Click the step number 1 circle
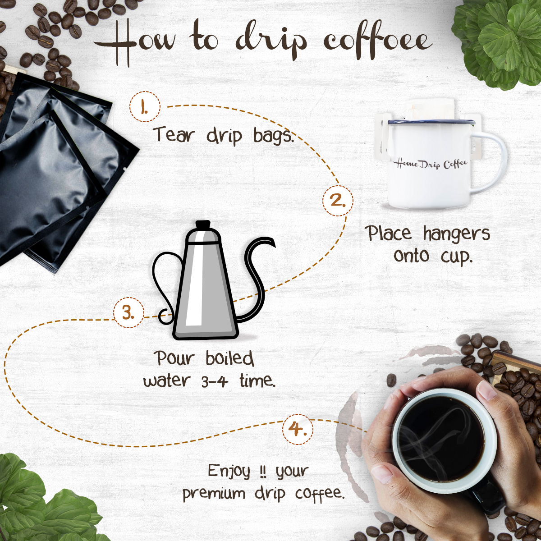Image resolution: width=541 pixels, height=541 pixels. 145,106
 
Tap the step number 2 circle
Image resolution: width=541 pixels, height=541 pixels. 338,201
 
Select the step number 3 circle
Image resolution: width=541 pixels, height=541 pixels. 129,313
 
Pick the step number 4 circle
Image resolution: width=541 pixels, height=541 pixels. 298,429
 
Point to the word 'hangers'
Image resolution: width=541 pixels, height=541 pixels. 457,234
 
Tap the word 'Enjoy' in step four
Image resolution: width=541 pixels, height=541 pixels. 229,470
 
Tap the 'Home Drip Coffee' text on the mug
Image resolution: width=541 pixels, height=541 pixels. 431,164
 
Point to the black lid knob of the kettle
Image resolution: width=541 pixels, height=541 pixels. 203,225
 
